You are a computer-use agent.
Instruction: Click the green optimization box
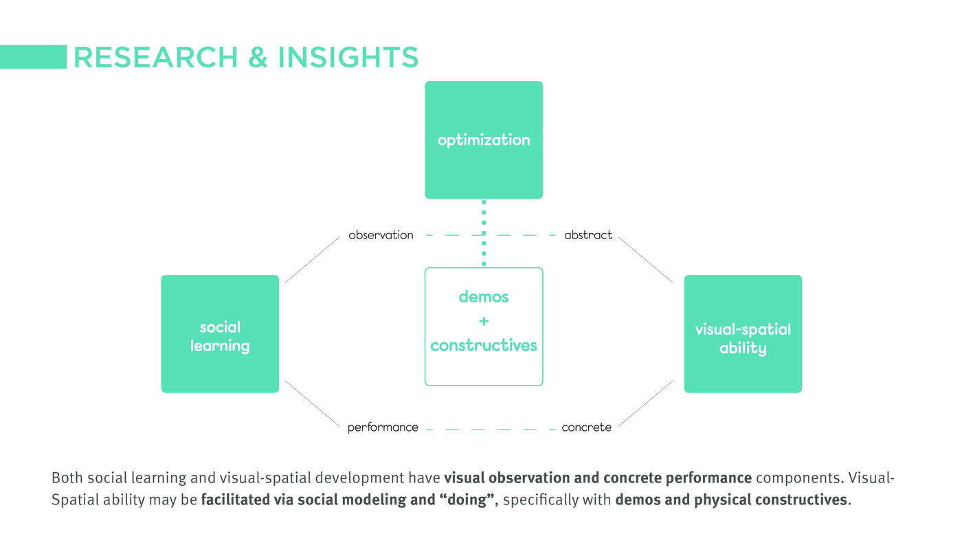[x=484, y=139]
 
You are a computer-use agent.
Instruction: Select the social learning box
[x=220, y=334]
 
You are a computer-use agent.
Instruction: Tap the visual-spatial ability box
[x=743, y=334]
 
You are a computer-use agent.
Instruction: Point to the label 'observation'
[x=381, y=235]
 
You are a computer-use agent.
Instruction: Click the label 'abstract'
[x=588, y=235]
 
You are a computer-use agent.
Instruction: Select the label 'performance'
[x=383, y=427]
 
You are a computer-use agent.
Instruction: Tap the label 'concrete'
[x=586, y=427]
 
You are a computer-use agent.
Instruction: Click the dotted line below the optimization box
[x=484, y=233]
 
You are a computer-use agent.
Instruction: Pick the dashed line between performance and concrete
[x=491, y=429]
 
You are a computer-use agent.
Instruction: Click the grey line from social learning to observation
[x=312, y=260]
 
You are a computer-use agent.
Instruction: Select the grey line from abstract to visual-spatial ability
[x=645, y=260]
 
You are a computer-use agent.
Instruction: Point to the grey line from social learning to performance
[x=312, y=404]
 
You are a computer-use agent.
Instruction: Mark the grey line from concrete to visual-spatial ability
[x=645, y=404]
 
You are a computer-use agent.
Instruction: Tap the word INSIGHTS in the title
[x=348, y=57]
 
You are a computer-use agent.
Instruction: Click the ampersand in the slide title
[x=258, y=57]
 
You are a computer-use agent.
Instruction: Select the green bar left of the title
[x=33, y=56]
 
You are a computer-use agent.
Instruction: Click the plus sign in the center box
[x=484, y=322]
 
